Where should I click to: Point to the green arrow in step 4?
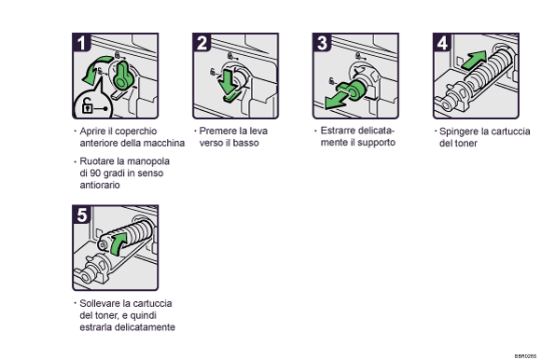(475, 61)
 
